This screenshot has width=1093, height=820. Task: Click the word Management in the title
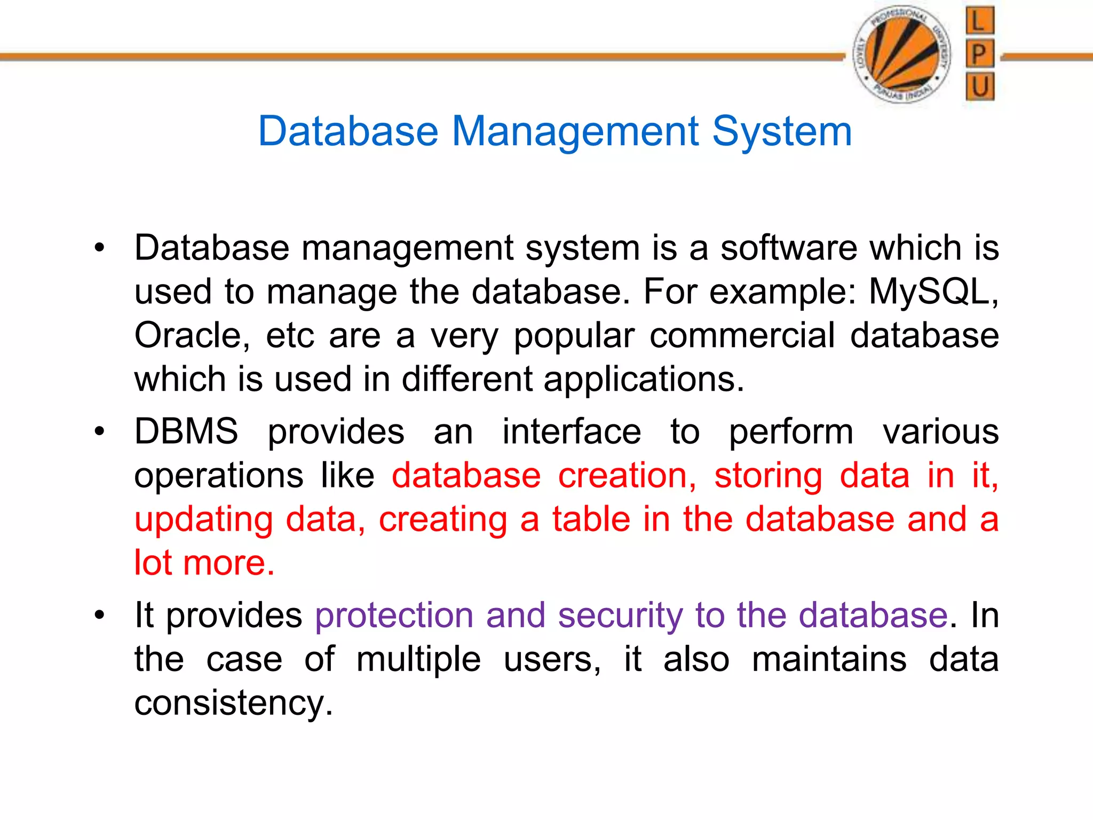pos(575,131)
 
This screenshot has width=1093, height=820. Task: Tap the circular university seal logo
pos(902,54)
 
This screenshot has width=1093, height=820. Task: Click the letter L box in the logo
pos(980,21)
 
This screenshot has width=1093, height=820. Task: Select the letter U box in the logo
pos(980,86)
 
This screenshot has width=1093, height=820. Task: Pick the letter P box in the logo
pos(980,54)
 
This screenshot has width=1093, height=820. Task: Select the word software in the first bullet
pos(788,248)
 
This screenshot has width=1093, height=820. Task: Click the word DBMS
pos(186,431)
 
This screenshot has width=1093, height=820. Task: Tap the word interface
pos(572,431)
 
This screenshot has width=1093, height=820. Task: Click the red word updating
pos(203,520)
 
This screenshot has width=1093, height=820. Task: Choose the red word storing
pos(768,476)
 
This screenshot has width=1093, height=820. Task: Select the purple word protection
pos(394,616)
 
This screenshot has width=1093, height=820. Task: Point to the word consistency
pos(233,703)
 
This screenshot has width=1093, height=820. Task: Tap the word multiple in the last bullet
pos(418,659)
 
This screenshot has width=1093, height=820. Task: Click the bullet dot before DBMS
pos(99,431)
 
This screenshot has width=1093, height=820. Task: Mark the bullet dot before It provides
pos(99,616)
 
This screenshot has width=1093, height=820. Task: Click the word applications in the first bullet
pos(644,380)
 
